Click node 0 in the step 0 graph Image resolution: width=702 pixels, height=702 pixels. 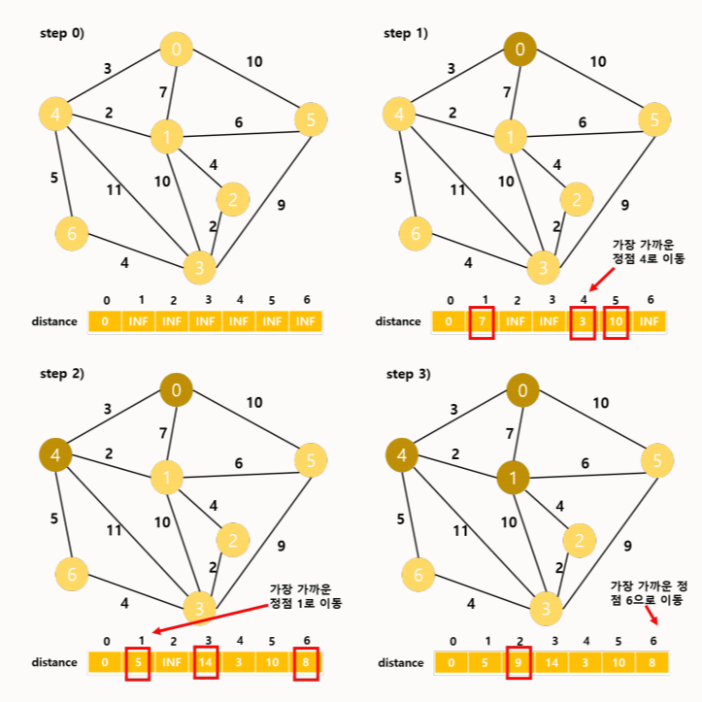tap(176, 49)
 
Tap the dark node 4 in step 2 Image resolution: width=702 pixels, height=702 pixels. tap(55, 454)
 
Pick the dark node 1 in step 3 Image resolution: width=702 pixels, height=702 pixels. tap(513, 478)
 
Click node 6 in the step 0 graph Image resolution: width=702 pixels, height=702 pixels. tap(71, 233)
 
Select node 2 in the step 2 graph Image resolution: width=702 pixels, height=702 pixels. tap(232, 540)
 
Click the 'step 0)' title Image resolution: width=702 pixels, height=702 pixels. tap(62, 33)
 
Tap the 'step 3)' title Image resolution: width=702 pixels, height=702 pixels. tap(408, 374)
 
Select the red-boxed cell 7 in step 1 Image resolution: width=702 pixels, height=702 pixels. tap(482, 320)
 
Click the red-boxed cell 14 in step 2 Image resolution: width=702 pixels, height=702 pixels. tap(207, 662)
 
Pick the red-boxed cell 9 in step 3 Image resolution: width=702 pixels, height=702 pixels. tap(519, 662)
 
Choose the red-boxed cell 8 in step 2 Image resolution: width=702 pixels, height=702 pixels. tap(306, 662)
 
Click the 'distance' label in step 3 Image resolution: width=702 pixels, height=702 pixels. tap(400, 662)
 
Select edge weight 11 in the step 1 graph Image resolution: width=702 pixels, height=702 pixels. tap(458, 190)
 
